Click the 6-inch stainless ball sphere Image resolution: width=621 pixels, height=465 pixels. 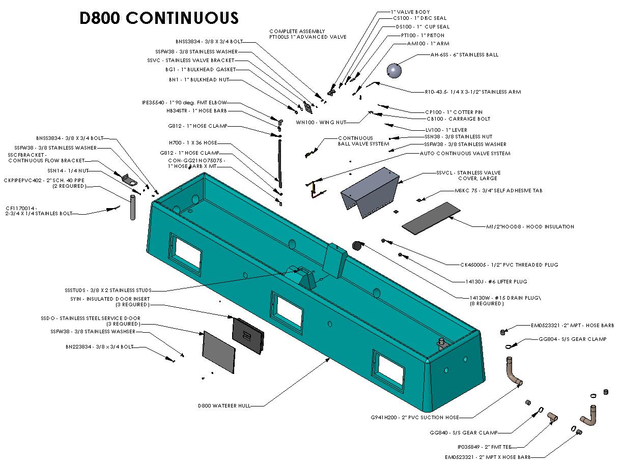pyautogui.click(x=394, y=70)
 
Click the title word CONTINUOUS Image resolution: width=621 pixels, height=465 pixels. pyautogui.click(x=182, y=18)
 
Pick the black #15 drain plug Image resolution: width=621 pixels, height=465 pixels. pyautogui.click(x=357, y=246)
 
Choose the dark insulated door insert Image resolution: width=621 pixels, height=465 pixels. pyautogui.click(x=248, y=336)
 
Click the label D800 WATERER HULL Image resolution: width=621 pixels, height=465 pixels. pyautogui.click(x=231, y=405)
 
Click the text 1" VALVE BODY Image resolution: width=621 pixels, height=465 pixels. pyautogui.click(x=410, y=12)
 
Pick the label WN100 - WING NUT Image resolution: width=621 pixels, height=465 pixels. pyautogui.click(x=327, y=123)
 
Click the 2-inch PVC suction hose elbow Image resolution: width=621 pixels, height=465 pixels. pyautogui.click(x=513, y=372)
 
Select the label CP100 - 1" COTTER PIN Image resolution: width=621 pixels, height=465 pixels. pyautogui.click(x=454, y=112)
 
